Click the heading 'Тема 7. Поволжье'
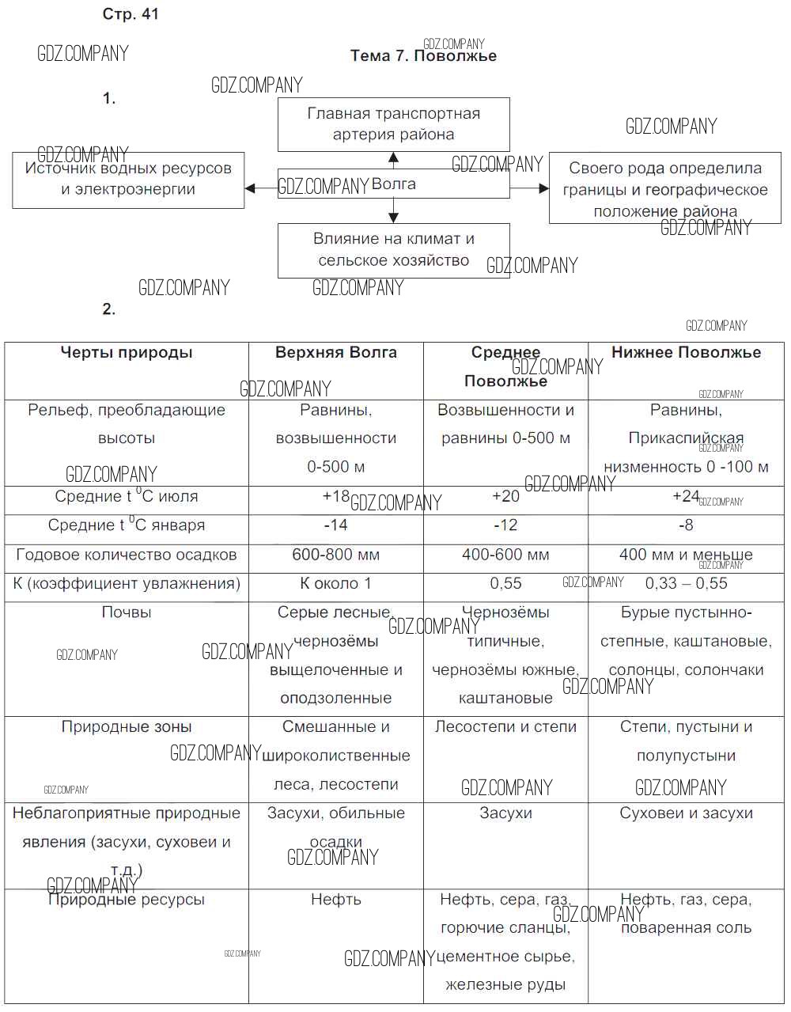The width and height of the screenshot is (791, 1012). click(x=423, y=56)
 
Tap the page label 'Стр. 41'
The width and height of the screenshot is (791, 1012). click(x=131, y=14)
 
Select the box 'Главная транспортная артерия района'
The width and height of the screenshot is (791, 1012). click(x=393, y=124)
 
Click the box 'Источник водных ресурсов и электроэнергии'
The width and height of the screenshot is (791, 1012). click(x=128, y=180)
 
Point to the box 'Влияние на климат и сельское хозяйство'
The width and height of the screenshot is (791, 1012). click(x=393, y=249)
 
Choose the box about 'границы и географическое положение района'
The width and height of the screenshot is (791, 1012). click(x=665, y=189)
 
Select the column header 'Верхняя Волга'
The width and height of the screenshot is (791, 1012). click(x=336, y=353)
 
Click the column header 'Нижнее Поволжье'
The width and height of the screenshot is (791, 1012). click(x=686, y=353)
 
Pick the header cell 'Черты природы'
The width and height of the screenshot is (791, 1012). click(x=127, y=353)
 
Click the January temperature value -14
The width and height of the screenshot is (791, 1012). click(x=336, y=525)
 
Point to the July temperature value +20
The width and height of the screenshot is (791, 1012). click(x=505, y=496)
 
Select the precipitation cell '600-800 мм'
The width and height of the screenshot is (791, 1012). click(x=336, y=555)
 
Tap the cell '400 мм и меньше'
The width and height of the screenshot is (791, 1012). click(x=686, y=555)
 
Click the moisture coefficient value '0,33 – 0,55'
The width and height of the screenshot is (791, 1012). click(x=686, y=584)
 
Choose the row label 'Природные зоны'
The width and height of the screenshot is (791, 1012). click(x=127, y=727)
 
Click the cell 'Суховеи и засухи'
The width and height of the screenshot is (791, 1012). click(x=686, y=813)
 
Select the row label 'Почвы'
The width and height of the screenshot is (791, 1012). click(x=127, y=612)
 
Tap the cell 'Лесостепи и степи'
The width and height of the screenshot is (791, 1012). click(x=505, y=727)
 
